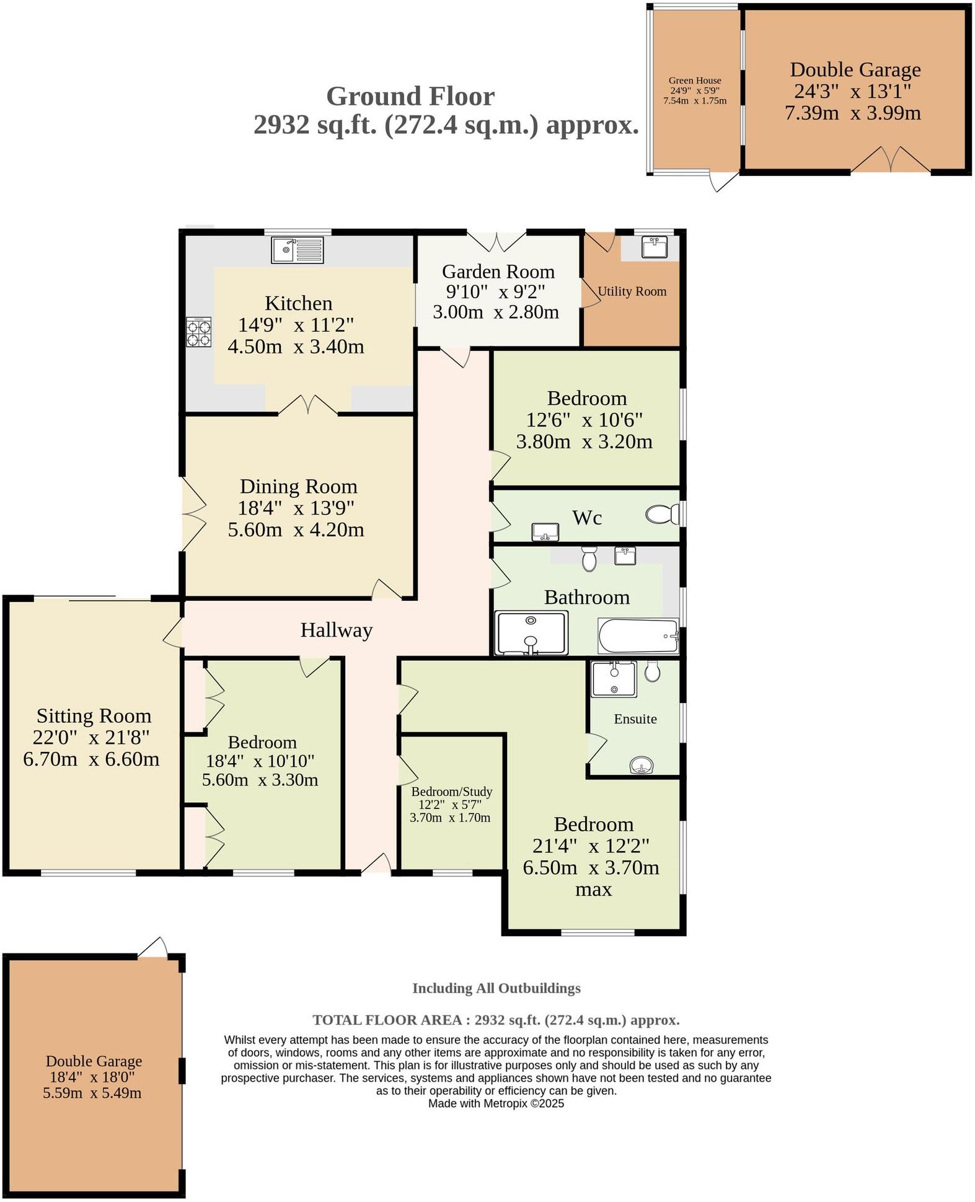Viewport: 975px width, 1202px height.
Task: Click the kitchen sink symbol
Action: pos(298,250)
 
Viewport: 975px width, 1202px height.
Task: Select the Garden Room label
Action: pos(498,272)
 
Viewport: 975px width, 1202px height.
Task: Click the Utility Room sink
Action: pos(655,247)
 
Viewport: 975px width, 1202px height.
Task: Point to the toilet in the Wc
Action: pos(661,515)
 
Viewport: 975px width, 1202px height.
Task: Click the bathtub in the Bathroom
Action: pos(638,635)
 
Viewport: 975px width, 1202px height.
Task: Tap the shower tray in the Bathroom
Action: pos(531,633)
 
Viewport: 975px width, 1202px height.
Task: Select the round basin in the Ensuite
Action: pos(642,766)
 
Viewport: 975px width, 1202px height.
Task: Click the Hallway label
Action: pos(336,630)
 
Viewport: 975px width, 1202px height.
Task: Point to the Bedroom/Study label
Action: pos(451,792)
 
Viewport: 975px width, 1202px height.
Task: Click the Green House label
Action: pos(694,81)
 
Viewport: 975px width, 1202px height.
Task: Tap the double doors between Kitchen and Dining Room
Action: pos(308,405)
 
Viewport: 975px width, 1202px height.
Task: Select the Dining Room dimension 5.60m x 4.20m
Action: pos(296,529)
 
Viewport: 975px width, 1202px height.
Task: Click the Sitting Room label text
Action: pos(94,716)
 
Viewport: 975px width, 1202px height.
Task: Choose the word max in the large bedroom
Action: pos(593,889)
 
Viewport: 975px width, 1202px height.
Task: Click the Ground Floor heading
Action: pos(410,97)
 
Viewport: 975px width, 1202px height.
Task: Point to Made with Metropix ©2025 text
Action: pos(496,1103)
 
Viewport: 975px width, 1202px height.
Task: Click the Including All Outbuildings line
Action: pos(496,988)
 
